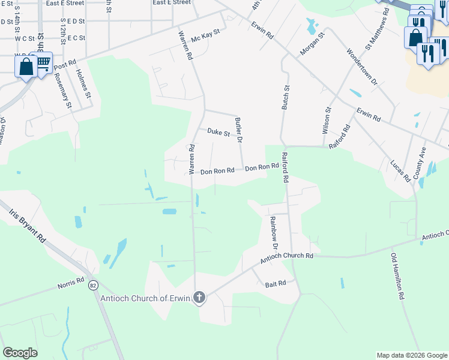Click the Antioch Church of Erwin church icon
[x=199, y=297]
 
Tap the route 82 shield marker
[x=93, y=284]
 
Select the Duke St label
[x=218, y=132]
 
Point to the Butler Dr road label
[x=238, y=130]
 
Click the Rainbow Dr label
[x=274, y=233]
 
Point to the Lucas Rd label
[x=399, y=170]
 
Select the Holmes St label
[x=83, y=83]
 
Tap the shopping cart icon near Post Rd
[x=43, y=63]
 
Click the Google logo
[x=20, y=353]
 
